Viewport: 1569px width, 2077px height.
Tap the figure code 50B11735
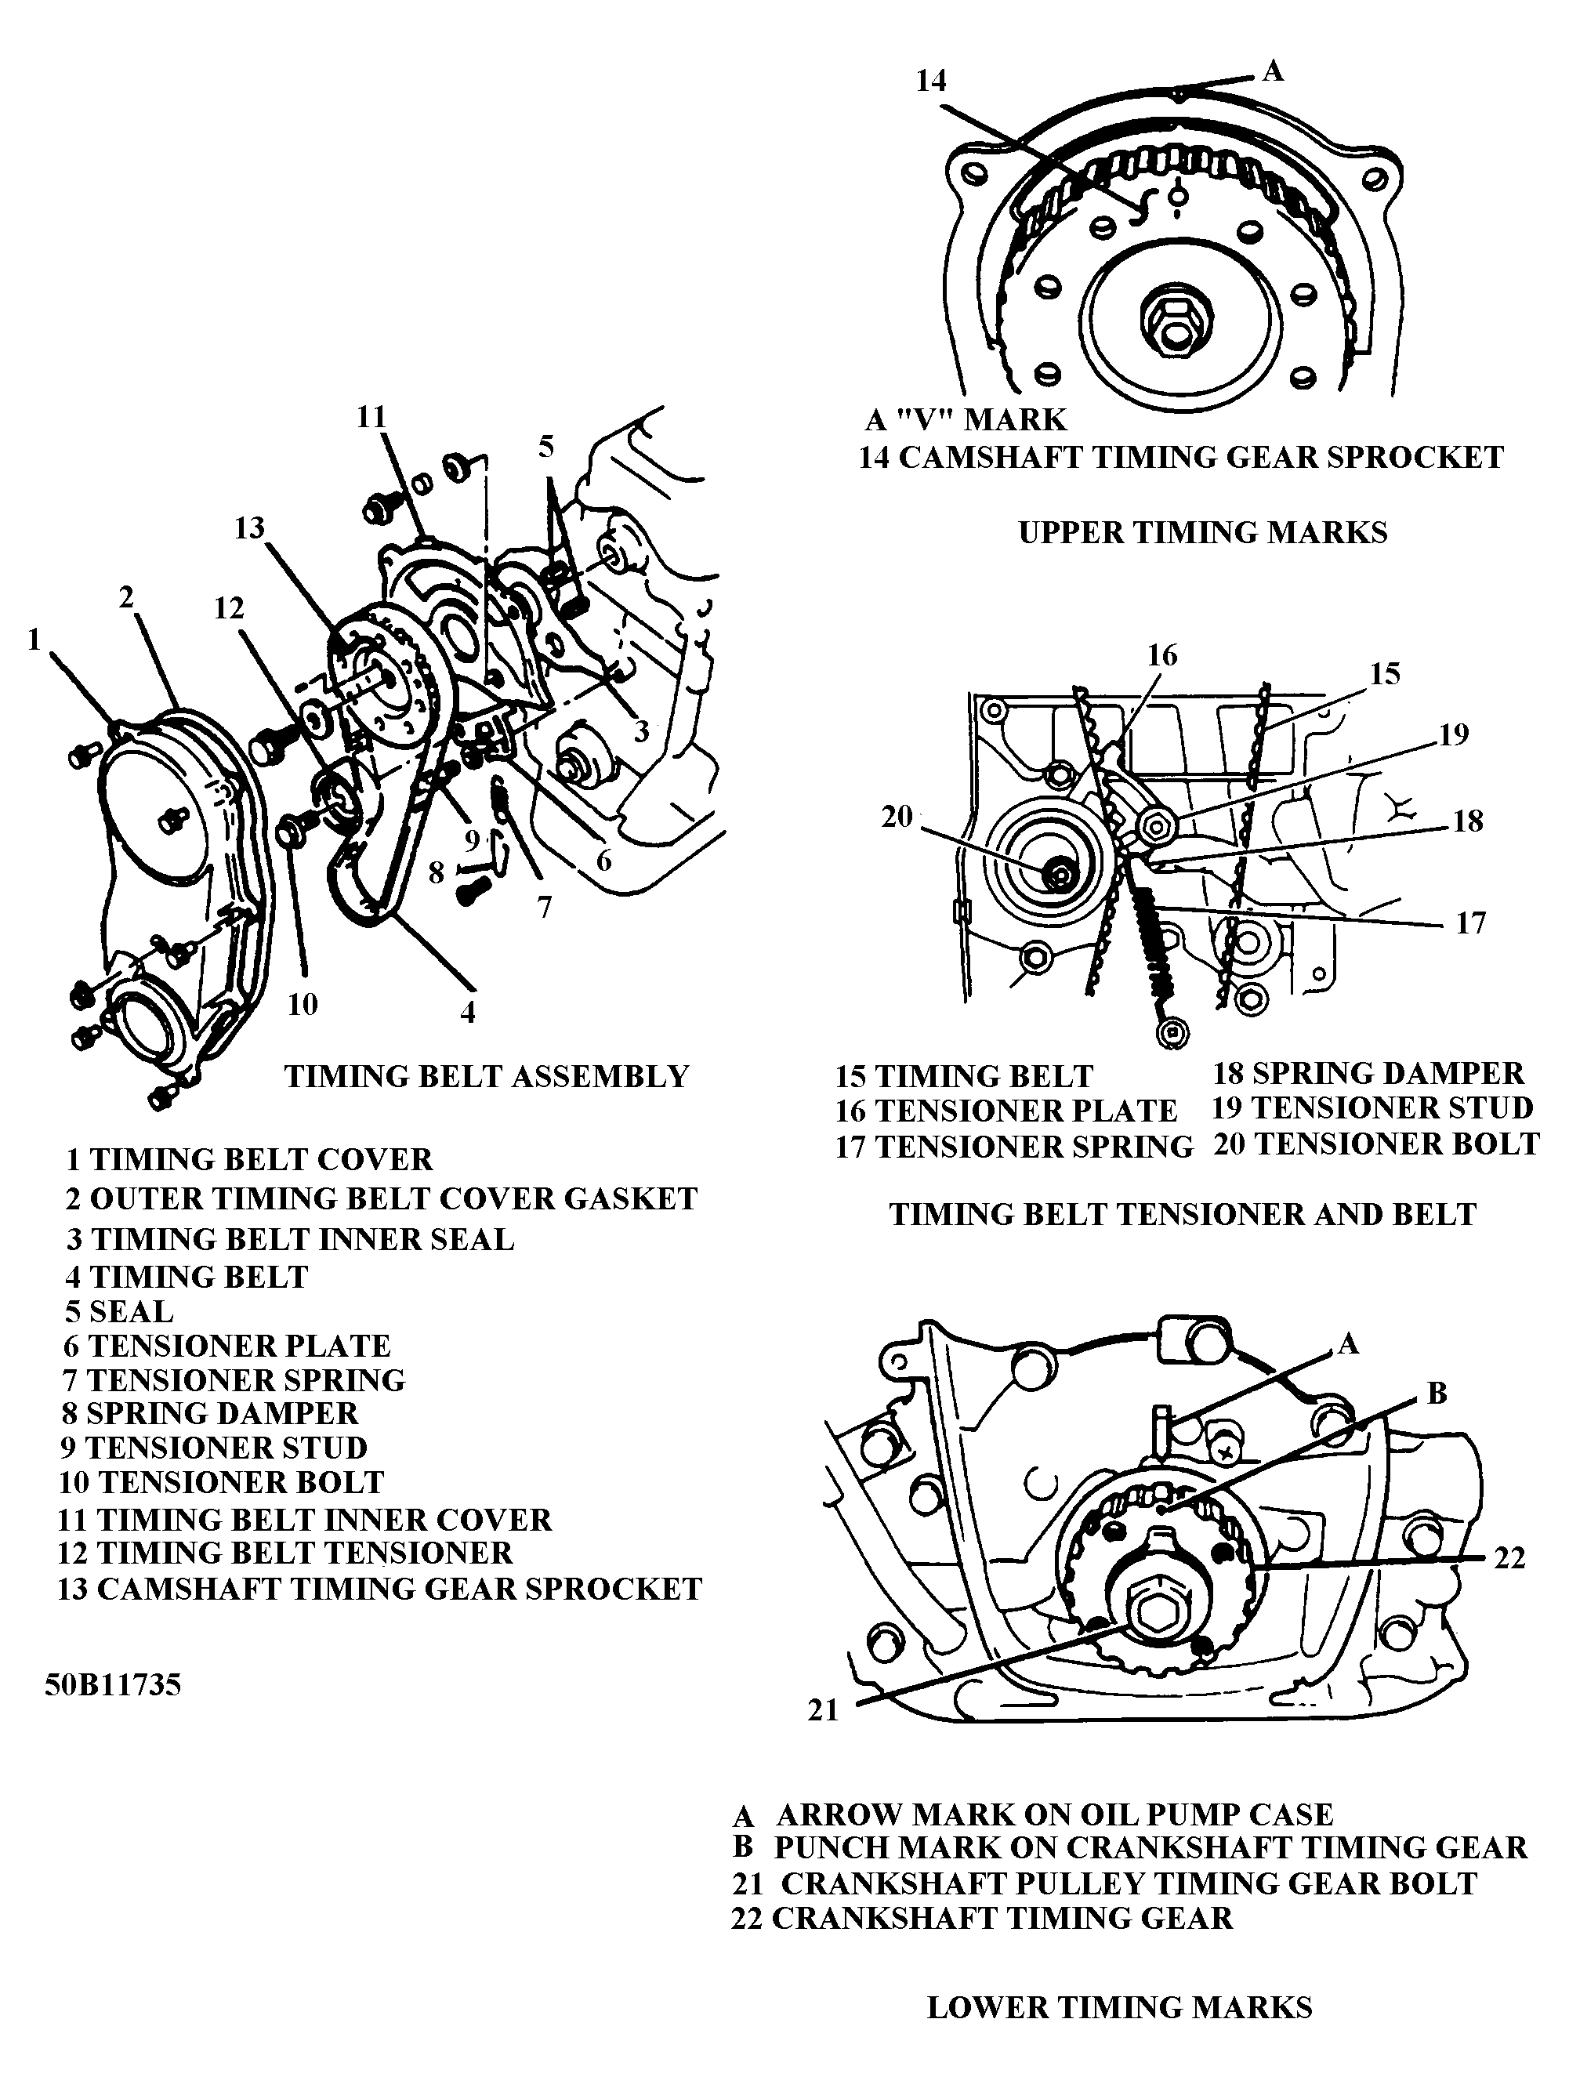point(113,1685)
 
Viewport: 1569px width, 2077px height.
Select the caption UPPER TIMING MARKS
point(1202,532)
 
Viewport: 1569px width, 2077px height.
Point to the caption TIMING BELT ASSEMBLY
point(487,1076)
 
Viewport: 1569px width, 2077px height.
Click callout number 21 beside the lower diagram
point(823,1711)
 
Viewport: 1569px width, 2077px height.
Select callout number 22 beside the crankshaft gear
point(1509,1559)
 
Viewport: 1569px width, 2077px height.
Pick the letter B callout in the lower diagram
point(1437,1394)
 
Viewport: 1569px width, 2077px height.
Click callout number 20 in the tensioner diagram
point(897,817)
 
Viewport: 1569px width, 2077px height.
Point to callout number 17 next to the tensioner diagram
point(1470,923)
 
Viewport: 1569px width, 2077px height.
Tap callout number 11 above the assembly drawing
point(371,417)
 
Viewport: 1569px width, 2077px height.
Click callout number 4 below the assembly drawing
point(466,1011)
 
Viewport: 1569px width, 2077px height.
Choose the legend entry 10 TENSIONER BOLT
point(222,1481)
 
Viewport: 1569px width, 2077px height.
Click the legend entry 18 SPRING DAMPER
point(1367,1073)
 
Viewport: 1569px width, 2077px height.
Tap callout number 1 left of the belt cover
point(34,640)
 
